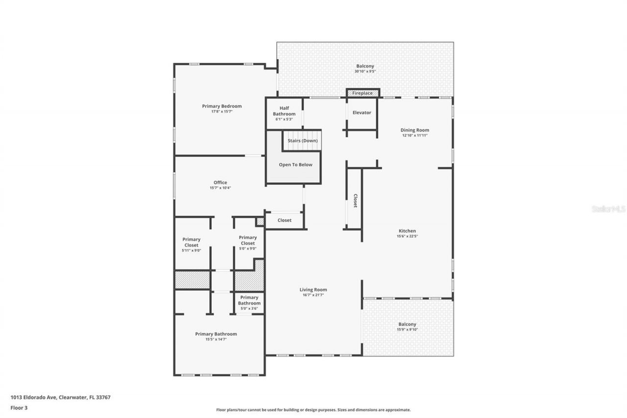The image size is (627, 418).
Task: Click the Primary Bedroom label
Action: click(221, 106)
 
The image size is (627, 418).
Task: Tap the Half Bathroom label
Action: click(284, 111)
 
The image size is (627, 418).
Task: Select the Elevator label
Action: click(362, 113)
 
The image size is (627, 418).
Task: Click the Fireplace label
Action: click(362, 93)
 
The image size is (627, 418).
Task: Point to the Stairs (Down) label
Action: click(302, 141)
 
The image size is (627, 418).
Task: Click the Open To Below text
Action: click(295, 165)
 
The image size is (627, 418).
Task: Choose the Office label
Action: click(220, 183)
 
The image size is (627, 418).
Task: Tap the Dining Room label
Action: click(414, 130)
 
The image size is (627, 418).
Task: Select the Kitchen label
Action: click(407, 231)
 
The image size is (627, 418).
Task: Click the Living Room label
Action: click(313, 290)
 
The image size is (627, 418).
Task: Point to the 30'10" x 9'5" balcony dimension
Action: click(365, 72)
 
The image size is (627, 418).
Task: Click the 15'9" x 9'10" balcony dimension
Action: click(407, 330)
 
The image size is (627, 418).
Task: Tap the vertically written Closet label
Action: click(355, 200)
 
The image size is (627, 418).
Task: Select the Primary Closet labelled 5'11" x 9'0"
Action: click(192, 242)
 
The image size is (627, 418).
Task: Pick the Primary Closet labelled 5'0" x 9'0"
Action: click(247, 240)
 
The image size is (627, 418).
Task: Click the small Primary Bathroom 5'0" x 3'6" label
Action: click(249, 300)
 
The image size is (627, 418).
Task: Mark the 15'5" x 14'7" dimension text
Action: click(216, 339)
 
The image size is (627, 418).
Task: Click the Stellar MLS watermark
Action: click(608, 209)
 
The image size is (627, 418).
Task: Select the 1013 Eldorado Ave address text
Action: click(60, 397)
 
